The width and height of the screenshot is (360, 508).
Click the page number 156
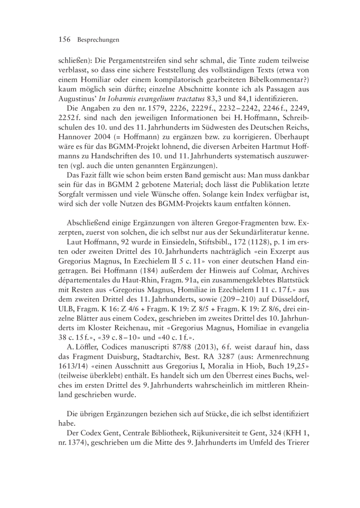tap(65, 40)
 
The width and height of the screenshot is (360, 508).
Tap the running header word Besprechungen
tap(98, 40)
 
